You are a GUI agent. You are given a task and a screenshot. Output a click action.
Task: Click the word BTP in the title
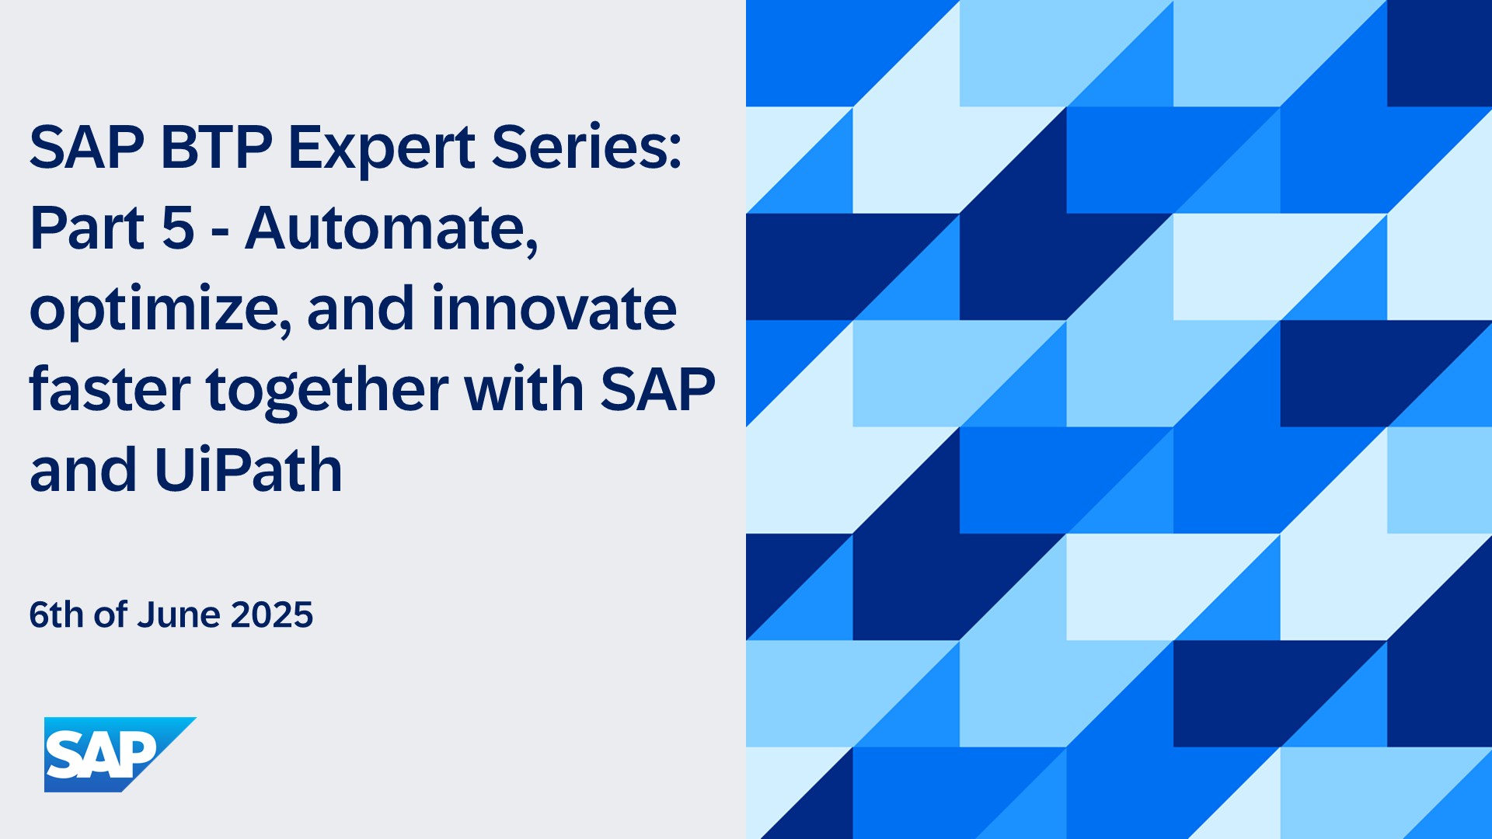(216, 147)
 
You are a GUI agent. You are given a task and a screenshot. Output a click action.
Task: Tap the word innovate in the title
(554, 308)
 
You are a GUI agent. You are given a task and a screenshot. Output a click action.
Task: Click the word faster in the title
(110, 389)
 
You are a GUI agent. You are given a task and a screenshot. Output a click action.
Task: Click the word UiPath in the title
(249, 471)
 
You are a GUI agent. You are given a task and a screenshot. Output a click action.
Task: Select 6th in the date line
(56, 614)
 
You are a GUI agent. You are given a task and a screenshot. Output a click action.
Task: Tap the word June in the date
(180, 614)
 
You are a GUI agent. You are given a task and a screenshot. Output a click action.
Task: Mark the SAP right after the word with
(657, 389)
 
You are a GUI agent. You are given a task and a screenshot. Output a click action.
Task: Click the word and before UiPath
(83, 471)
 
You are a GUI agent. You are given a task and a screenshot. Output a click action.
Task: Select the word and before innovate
(361, 308)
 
